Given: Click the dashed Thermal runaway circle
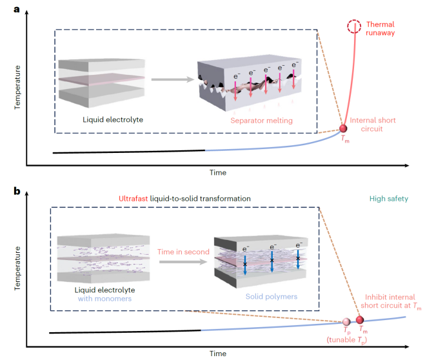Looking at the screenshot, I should click(x=354, y=26).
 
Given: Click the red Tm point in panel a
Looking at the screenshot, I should click(x=343, y=129).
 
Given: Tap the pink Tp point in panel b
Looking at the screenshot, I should click(x=347, y=321).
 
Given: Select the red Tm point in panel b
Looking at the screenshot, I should click(x=360, y=320).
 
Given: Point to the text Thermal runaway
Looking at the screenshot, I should click(x=381, y=28).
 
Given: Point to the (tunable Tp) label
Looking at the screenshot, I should click(x=346, y=341).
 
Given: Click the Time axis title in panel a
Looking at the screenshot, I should click(x=217, y=172).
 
